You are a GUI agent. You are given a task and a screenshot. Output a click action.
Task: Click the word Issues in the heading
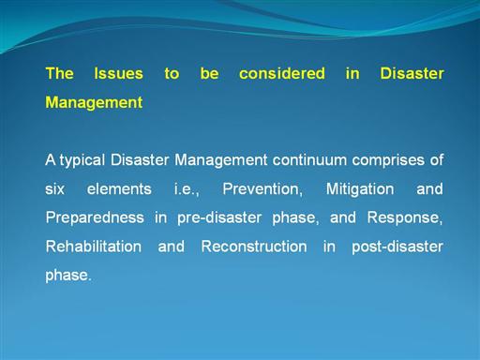coord(119,74)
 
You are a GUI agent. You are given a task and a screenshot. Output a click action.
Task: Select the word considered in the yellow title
coord(282,74)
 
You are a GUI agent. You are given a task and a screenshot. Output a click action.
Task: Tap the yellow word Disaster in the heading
coord(412,74)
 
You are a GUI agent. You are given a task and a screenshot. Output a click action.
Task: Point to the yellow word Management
coord(94,102)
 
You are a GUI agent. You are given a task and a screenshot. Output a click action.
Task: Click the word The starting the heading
coord(60,74)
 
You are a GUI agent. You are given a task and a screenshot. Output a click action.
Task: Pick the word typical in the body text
coord(82,160)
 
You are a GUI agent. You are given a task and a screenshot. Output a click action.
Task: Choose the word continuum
coord(309,160)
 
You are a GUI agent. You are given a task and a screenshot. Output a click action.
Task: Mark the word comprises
coord(388,160)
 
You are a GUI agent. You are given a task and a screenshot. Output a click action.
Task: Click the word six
coord(54,189)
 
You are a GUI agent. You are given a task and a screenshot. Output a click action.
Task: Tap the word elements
coord(119,189)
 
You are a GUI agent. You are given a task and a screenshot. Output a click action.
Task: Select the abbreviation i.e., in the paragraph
coord(187,189)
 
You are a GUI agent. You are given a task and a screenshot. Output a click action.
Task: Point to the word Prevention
coord(262,189)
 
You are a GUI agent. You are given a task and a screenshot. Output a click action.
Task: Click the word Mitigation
coord(360,189)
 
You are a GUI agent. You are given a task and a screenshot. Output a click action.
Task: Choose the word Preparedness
coord(95,217)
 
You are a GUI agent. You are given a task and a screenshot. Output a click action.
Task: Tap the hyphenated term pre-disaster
coord(219,217)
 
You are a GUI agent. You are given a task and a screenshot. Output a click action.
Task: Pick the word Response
coord(405,218)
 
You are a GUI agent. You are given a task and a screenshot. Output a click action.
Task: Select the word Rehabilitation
coord(94,247)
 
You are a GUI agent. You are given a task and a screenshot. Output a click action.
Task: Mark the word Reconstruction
coord(254,247)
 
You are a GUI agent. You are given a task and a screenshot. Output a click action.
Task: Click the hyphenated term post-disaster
coord(397,247)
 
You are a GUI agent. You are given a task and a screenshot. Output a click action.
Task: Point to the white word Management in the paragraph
coord(220,160)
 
